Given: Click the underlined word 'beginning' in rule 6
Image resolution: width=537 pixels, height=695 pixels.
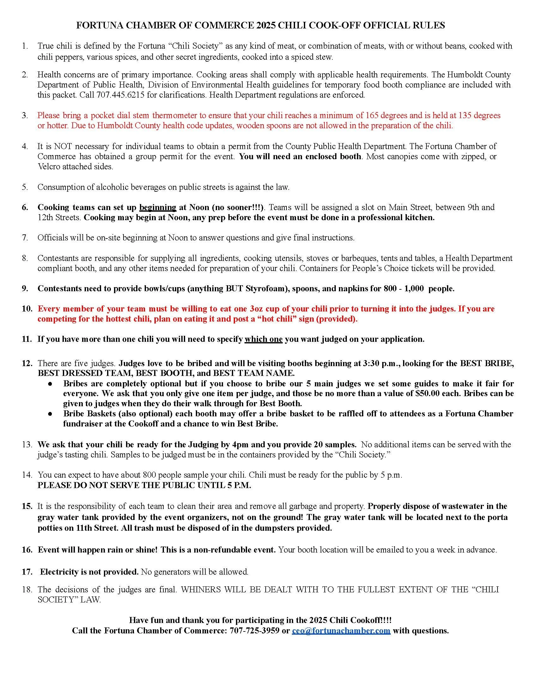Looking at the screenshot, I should tap(158, 208).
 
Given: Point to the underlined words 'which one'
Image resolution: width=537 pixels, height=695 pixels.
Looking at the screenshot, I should tap(263, 339).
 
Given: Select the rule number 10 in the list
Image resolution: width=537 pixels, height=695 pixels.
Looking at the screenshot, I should tap(27, 309).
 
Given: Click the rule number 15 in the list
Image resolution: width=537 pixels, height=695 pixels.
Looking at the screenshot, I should tap(27, 506).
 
